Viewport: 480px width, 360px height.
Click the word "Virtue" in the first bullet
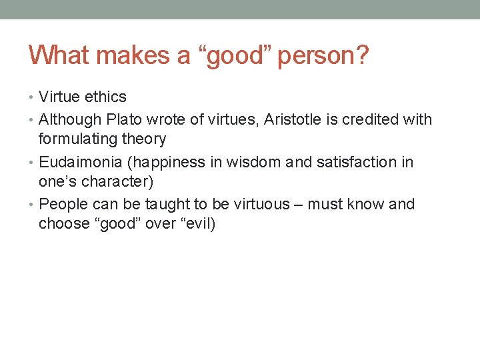coord(59,97)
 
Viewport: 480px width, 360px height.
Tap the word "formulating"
coord(80,139)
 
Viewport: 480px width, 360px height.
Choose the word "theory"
coord(145,139)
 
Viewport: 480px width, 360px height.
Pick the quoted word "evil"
coord(195,223)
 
